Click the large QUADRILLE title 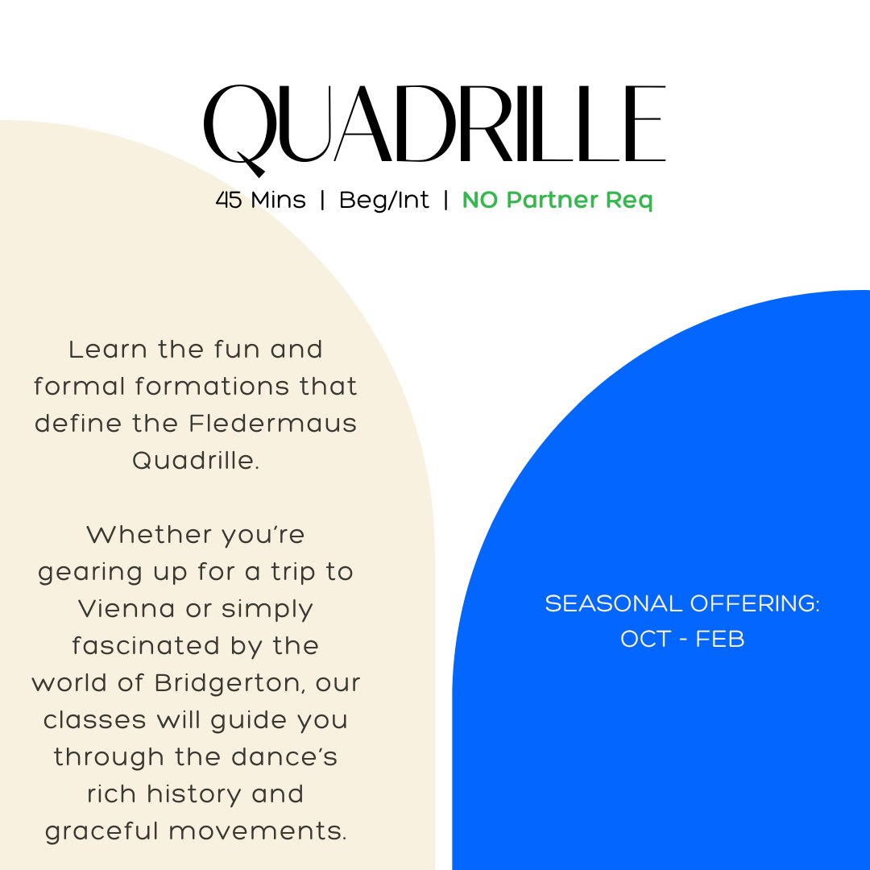pos(435,125)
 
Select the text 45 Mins pos(260,201)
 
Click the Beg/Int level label pos(384,201)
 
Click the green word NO pos(480,201)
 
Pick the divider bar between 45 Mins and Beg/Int pos(322,201)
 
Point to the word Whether pos(139,535)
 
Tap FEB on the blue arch pos(720,640)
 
